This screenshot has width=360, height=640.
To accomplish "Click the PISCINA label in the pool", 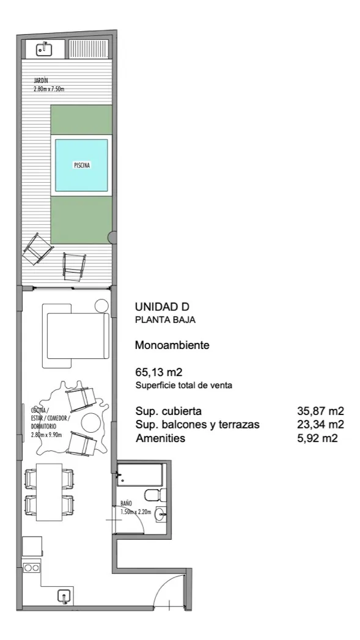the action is [x=82, y=165].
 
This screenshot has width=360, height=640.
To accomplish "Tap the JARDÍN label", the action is [x=41, y=81].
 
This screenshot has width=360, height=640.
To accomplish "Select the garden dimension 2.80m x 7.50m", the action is [x=48, y=88].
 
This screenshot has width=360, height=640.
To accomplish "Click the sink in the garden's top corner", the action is [x=44, y=50].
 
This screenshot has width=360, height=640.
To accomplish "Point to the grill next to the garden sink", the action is [x=89, y=49].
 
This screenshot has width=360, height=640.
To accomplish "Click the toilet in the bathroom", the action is [x=156, y=495].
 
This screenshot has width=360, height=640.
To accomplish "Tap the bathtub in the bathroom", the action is [x=139, y=474].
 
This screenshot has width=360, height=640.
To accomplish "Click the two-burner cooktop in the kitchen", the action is [x=31, y=567].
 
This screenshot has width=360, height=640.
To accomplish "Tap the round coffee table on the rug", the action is [x=90, y=423].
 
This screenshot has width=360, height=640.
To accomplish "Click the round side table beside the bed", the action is [x=101, y=306].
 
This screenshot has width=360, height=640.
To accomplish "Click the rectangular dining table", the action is [x=49, y=492].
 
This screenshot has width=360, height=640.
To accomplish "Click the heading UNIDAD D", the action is [x=162, y=306].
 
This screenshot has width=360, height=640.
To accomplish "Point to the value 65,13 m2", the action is [x=158, y=372].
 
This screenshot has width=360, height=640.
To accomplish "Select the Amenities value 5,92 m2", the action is [x=320, y=438].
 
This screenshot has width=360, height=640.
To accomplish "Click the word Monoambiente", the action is [x=172, y=345].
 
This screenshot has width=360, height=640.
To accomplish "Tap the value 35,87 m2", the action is [x=320, y=411].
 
